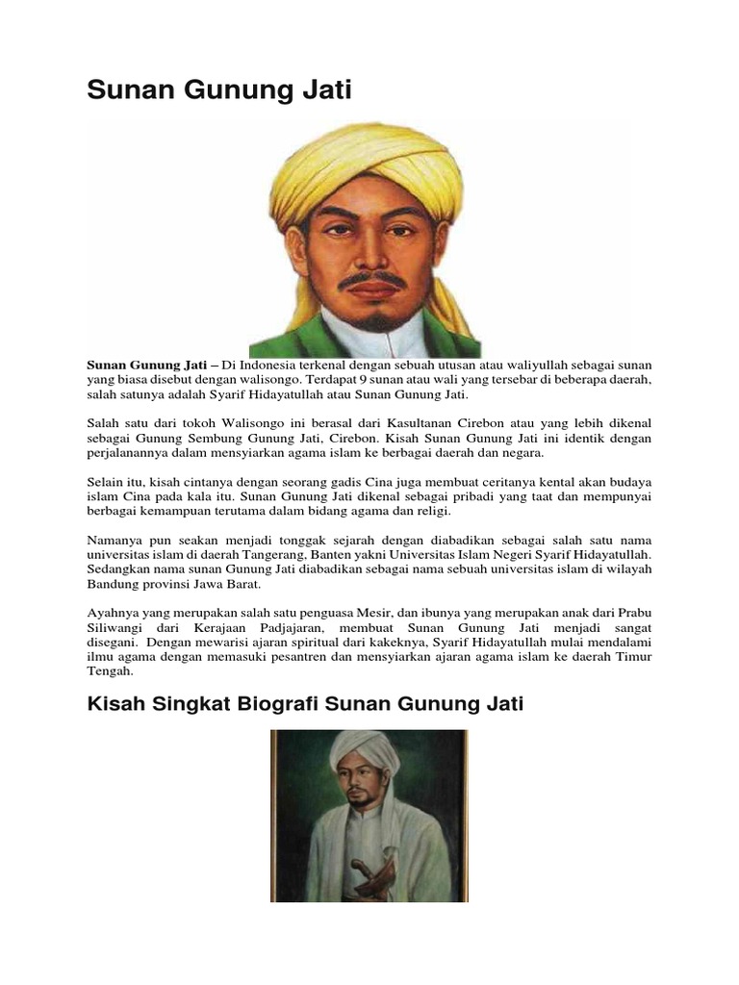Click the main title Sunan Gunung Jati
[220, 92]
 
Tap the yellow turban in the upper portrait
[366, 164]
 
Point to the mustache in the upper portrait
[374, 283]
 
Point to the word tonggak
[307, 540]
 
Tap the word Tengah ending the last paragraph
[112, 672]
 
